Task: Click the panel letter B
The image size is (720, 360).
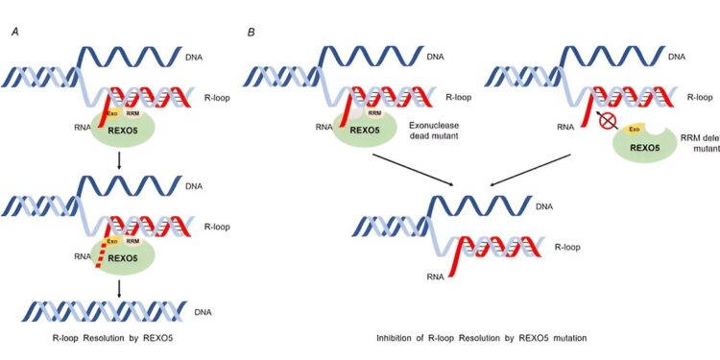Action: click(x=251, y=33)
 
